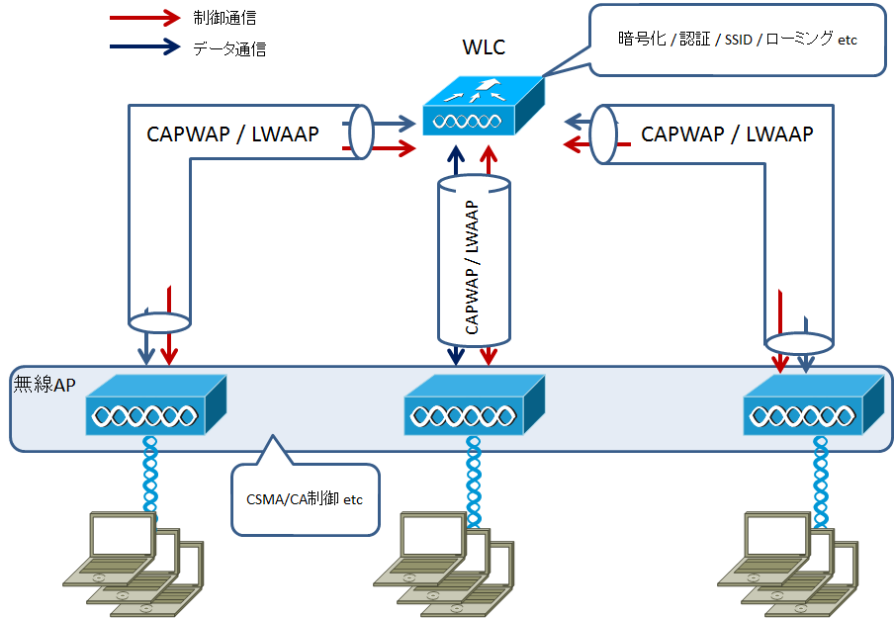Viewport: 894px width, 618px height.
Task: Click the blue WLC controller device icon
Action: pos(482,108)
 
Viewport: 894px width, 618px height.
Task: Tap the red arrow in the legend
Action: pos(144,18)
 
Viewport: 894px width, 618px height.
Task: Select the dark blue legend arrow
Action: pos(144,46)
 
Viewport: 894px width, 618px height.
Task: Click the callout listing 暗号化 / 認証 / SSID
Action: pos(737,40)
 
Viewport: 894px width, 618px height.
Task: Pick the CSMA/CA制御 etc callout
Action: pos(305,499)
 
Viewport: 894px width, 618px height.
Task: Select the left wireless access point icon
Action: pos(155,404)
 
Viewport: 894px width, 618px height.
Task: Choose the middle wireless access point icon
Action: pos(475,405)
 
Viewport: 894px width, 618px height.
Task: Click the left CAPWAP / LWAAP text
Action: pos(232,133)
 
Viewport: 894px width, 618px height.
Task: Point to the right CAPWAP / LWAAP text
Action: pos(727,133)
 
